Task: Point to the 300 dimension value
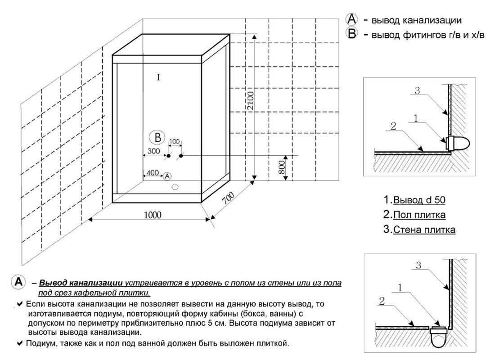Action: [153, 151]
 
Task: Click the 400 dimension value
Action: [153, 173]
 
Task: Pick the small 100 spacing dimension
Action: [174, 142]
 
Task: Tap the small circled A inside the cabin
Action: [167, 176]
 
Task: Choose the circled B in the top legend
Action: [351, 34]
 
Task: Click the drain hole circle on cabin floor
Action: [175, 186]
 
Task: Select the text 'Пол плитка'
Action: [419, 215]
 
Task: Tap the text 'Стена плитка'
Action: [424, 230]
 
